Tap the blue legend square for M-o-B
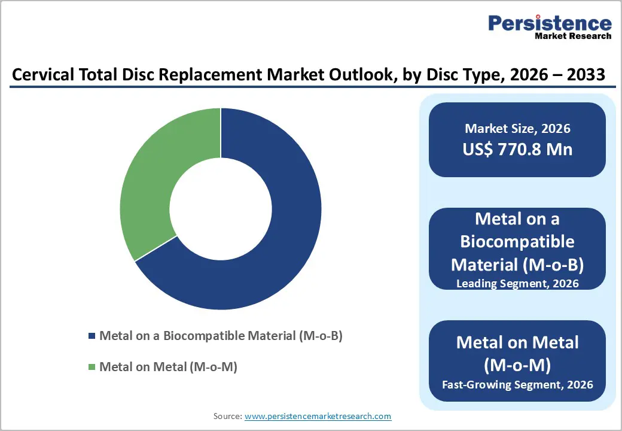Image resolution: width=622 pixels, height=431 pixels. (x=92, y=336)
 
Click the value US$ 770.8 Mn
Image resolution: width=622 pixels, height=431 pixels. (x=517, y=149)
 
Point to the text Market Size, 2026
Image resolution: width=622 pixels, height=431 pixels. (x=517, y=129)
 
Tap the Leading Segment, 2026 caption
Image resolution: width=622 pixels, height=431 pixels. (x=517, y=284)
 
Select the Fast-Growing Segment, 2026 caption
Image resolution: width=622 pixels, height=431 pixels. (x=517, y=384)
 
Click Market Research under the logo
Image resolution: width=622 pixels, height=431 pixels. (x=572, y=36)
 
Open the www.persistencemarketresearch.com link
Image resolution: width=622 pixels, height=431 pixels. (x=318, y=416)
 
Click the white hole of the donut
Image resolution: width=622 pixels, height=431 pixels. (x=221, y=209)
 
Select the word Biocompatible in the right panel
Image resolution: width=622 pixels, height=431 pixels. (x=517, y=242)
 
